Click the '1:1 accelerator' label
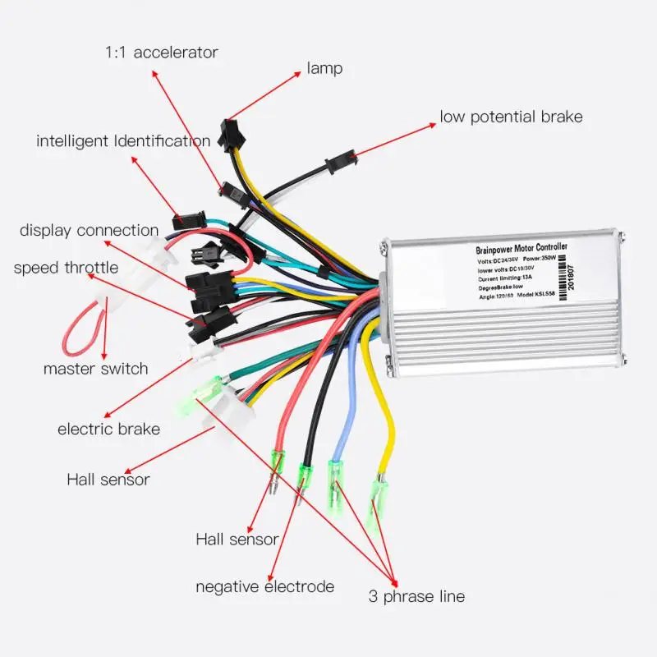coord(161,53)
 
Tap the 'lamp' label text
coord(324,69)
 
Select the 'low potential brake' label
coord(511,117)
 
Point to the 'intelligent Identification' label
coord(123,141)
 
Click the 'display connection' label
coord(89,231)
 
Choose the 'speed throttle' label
coord(66,268)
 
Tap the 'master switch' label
coord(95,368)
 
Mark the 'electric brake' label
coord(108,429)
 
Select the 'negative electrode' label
coord(264,586)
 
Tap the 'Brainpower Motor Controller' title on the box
coord(521,247)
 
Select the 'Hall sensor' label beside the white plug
coord(108,479)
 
